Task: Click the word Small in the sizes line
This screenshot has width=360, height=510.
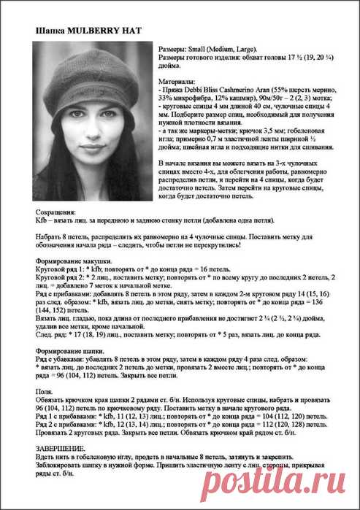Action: [x=199, y=47]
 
